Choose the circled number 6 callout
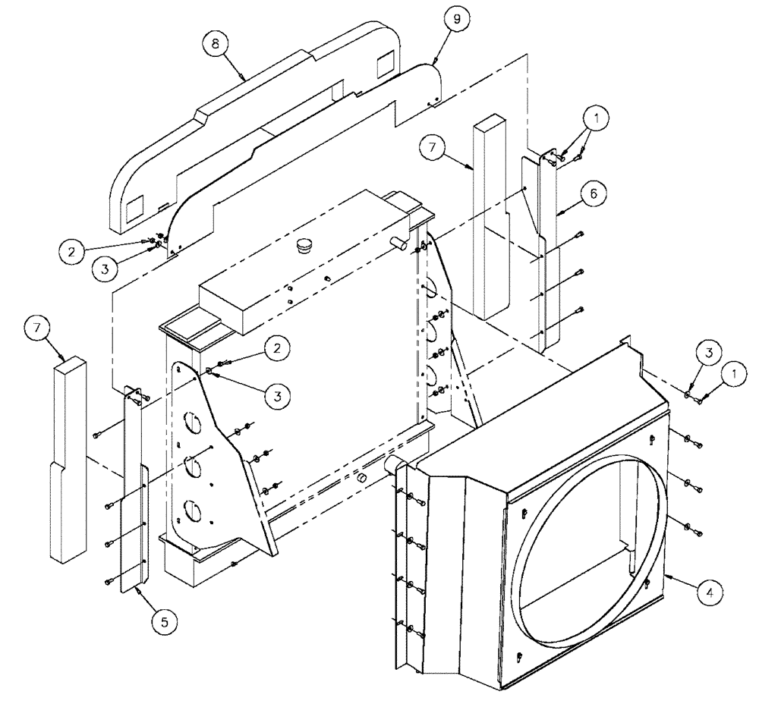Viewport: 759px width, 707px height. coord(594,193)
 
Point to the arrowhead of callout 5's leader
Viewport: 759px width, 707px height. coord(134,586)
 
